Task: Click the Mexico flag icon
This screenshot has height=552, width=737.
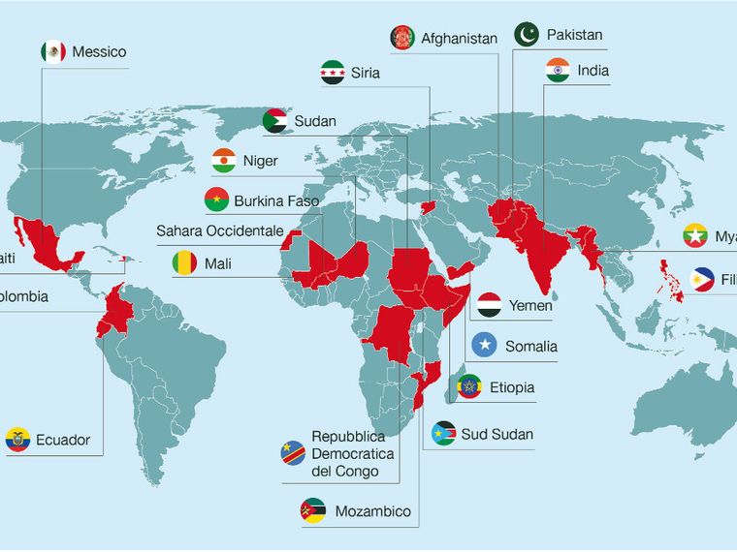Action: (53, 51)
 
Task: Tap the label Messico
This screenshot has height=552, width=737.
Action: (100, 51)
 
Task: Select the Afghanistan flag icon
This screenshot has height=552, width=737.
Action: (401, 38)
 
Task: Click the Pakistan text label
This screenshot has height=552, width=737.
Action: (574, 35)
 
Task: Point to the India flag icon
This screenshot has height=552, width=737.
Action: (557, 71)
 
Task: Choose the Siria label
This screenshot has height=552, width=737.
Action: (366, 73)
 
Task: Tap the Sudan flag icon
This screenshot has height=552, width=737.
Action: (275, 121)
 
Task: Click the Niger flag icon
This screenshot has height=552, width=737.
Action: (224, 161)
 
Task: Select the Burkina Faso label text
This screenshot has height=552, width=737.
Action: (276, 200)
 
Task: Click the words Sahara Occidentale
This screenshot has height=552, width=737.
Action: (220, 230)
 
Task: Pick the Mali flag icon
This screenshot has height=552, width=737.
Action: (184, 262)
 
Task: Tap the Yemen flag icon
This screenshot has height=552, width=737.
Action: (490, 305)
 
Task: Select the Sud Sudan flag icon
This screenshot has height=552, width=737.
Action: (445, 433)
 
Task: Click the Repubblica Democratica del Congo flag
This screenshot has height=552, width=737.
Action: (293, 450)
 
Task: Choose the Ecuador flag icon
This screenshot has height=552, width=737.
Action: (16, 440)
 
